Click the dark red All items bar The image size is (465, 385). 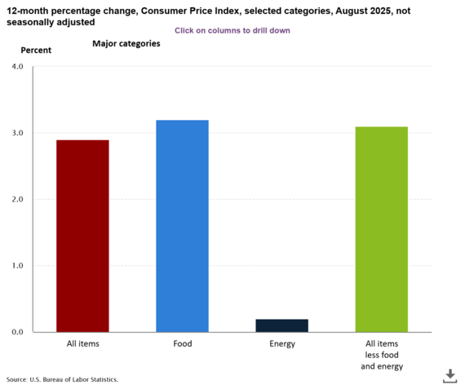[x=82, y=236]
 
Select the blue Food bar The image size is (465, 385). [x=182, y=226]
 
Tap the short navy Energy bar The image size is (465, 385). [x=281, y=325]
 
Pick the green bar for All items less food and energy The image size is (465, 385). [x=381, y=229]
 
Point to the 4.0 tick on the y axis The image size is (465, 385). [x=18, y=66]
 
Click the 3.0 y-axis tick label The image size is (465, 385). [x=18, y=133]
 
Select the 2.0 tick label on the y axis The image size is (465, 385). [x=18, y=199]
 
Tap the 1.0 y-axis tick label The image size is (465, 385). [x=18, y=266]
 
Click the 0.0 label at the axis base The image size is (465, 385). [x=18, y=332]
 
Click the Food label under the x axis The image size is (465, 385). [x=182, y=343]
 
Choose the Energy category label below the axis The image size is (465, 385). [x=281, y=343]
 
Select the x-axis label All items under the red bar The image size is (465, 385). [x=82, y=343]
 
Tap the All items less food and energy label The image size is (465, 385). [x=381, y=355]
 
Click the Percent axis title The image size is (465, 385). [x=36, y=51]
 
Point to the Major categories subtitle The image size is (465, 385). [x=126, y=43]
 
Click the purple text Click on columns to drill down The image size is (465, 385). [x=232, y=30]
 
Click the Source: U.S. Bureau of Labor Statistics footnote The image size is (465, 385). [x=62, y=379]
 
